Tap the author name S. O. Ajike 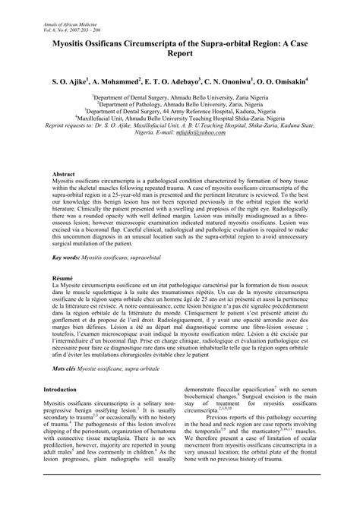71,78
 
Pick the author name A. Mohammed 124,78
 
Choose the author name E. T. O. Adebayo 185,78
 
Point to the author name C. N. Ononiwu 243,78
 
